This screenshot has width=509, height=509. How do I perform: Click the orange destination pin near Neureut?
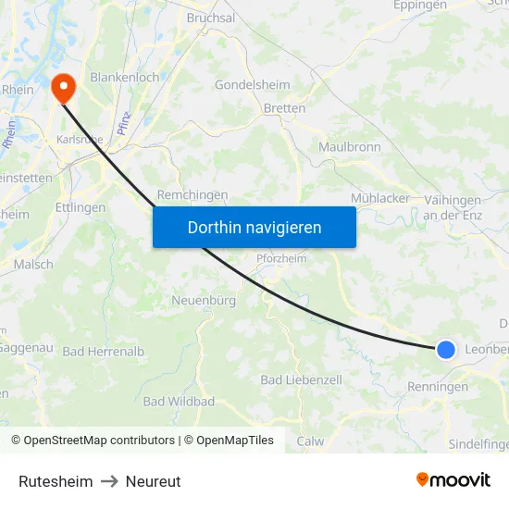64,88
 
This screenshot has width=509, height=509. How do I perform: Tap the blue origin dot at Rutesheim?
446,349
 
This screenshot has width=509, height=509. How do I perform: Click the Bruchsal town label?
211,18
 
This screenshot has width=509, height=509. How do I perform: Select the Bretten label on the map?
284,108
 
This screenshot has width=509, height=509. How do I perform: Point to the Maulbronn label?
350,147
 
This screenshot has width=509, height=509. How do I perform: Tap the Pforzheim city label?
282,259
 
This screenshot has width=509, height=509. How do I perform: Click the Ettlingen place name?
81,207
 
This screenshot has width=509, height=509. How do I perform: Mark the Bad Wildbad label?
179,402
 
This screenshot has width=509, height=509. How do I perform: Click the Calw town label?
311,441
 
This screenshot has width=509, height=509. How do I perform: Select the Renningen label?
438,387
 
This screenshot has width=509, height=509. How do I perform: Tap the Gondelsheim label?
252,84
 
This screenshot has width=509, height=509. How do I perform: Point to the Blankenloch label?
124,78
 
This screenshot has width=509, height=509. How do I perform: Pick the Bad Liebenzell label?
301,379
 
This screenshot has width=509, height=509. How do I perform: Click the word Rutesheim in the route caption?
56,481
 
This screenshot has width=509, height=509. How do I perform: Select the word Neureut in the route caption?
154,481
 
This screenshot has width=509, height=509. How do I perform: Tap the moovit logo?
453,480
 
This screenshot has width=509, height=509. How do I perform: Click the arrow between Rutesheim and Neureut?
109,481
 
